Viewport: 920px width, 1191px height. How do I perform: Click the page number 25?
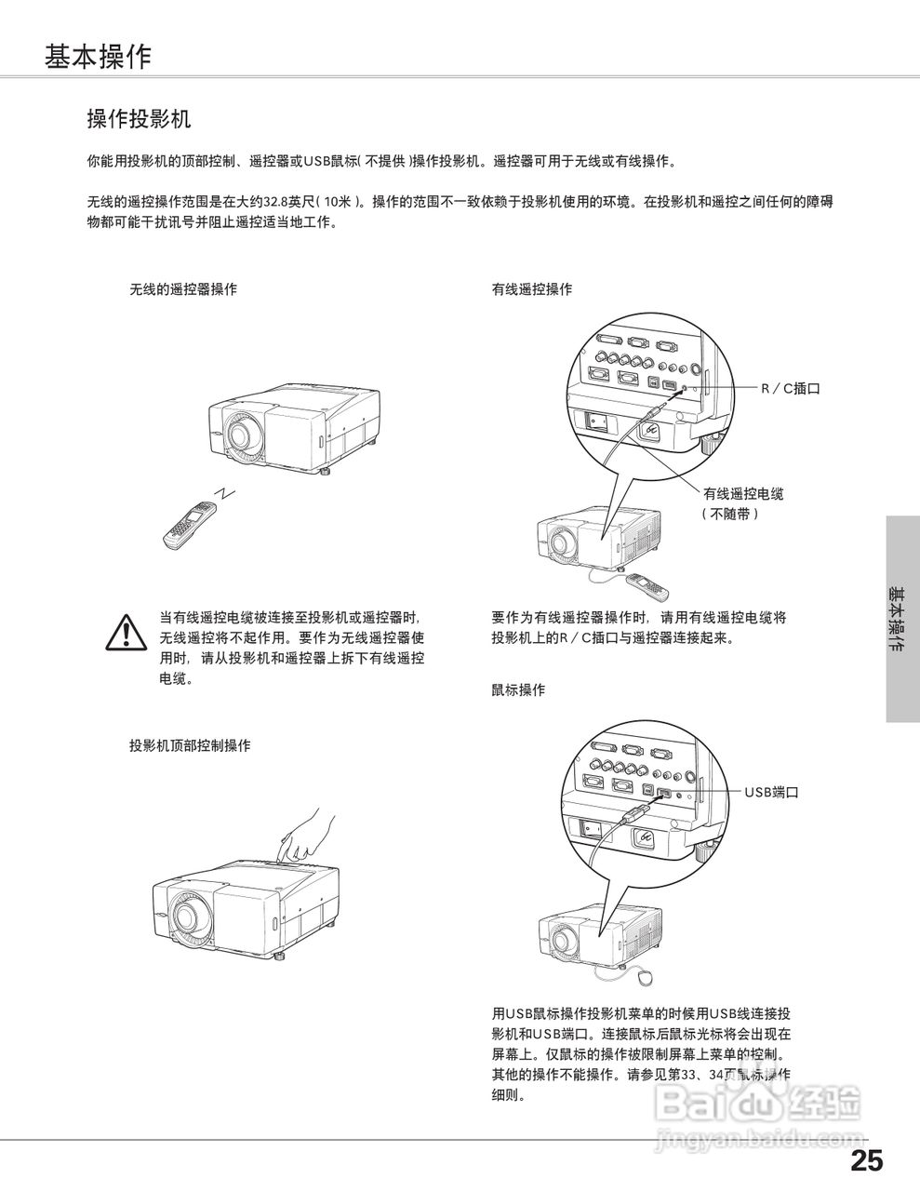point(866,1160)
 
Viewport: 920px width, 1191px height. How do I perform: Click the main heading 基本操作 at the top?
point(97,58)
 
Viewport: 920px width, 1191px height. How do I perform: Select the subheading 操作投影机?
point(139,119)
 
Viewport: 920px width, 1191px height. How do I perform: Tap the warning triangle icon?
point(126,633)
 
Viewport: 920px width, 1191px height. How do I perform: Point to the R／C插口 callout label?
point(792,388)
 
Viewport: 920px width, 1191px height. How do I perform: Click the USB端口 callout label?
point(771,793)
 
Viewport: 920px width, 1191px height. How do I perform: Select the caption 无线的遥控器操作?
point(183,289)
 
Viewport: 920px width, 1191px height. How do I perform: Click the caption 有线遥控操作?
point(532,289)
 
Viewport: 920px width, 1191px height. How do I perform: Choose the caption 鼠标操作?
point(518,690)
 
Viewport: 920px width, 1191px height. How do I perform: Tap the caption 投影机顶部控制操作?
point(190,745)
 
